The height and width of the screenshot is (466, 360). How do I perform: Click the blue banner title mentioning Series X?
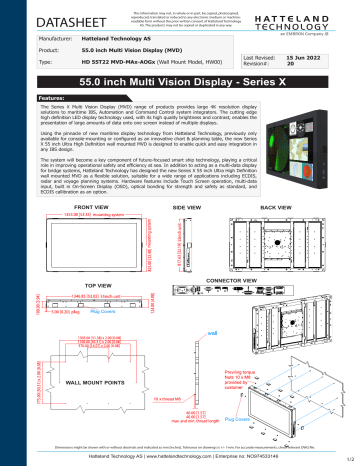click(180, 84)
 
